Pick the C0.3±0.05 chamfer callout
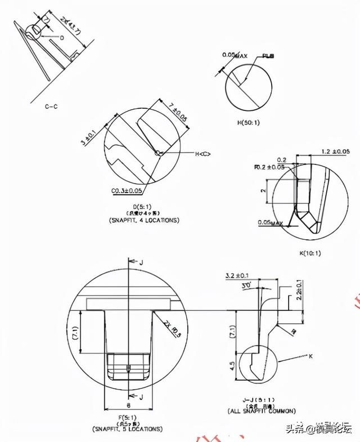pyautogui.click(x=125, y=191)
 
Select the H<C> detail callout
pyautogui.click(x=203, y=154)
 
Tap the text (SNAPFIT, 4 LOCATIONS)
pyautogui.click(x=143, y=220)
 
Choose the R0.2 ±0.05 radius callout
pyautogui.click(x=269, y=167)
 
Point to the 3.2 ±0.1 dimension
pyautogui.click(x=237, y=276)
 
